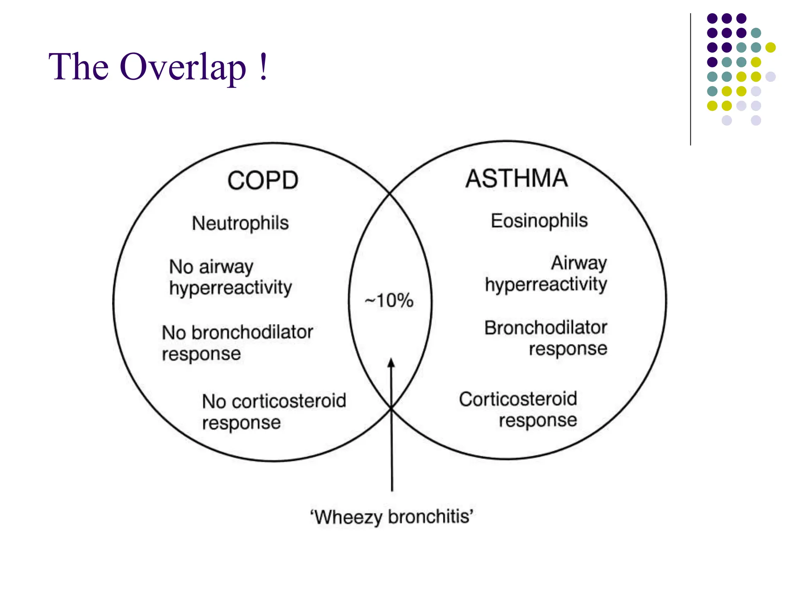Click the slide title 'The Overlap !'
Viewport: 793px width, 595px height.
point(158,67)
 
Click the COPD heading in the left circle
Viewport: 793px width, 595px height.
point(263,181)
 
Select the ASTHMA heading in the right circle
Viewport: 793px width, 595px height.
point(517,179)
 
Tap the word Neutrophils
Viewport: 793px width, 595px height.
point(240,223)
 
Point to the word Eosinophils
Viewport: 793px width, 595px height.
point(539,221)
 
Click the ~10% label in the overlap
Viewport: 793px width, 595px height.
point(389,301)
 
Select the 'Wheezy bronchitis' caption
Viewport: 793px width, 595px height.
point(391,517)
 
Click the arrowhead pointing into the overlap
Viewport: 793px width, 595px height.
point(391,363)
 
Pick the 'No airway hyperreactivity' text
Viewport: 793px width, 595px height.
point(230,277)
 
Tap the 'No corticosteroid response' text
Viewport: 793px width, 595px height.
point(274,411)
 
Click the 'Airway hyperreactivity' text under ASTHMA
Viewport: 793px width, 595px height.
point(546,273)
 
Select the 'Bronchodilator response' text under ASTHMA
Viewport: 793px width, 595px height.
point(546,338)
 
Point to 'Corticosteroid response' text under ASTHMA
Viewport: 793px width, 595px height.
point(518,409)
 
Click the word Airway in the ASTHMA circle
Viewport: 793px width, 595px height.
point(579,263)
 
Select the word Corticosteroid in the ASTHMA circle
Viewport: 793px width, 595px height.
point(518,399)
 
